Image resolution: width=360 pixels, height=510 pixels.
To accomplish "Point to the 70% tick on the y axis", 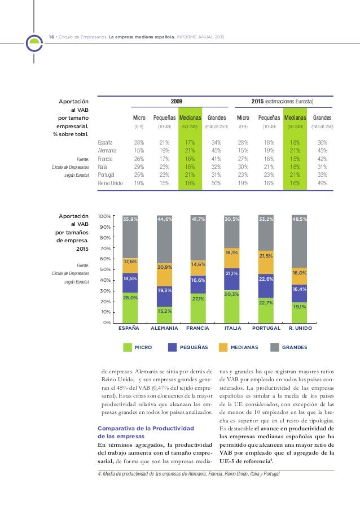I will click(x=105, y=248).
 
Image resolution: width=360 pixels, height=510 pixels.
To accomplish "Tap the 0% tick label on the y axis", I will click(x=106, y=322).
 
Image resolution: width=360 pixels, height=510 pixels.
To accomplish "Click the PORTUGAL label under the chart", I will click(x=266, y=328).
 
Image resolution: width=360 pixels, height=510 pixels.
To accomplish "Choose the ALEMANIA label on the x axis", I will click(x=164, y=328).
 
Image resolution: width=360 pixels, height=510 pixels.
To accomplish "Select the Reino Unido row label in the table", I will click(x=111, y=184).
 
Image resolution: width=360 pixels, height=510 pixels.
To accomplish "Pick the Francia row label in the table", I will click(x=107, y=159).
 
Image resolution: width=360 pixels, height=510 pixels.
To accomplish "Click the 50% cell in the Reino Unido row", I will click(x=217, y=184).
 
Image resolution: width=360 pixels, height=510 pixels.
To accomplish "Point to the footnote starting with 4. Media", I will click(x=189, y=473).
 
